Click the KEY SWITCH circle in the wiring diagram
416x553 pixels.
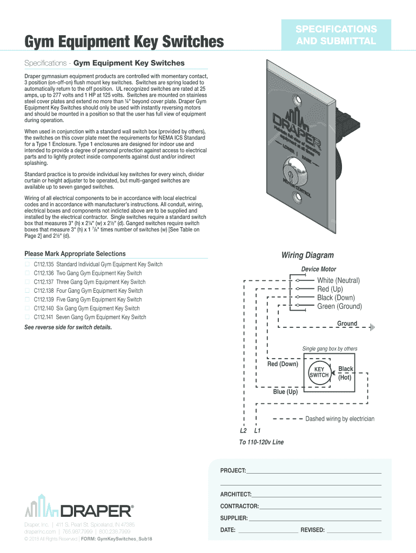pos(319,373)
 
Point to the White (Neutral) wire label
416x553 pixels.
pos(338,280)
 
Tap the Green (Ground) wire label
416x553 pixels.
pos(339,307)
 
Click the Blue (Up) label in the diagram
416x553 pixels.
pos(285,392)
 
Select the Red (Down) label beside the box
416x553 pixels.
pos(283,364)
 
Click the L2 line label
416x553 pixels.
pos(243,431)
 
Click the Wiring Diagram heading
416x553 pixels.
pos(307,255)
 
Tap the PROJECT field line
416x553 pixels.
pos(313,473)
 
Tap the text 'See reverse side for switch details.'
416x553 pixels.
pos(68,328)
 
